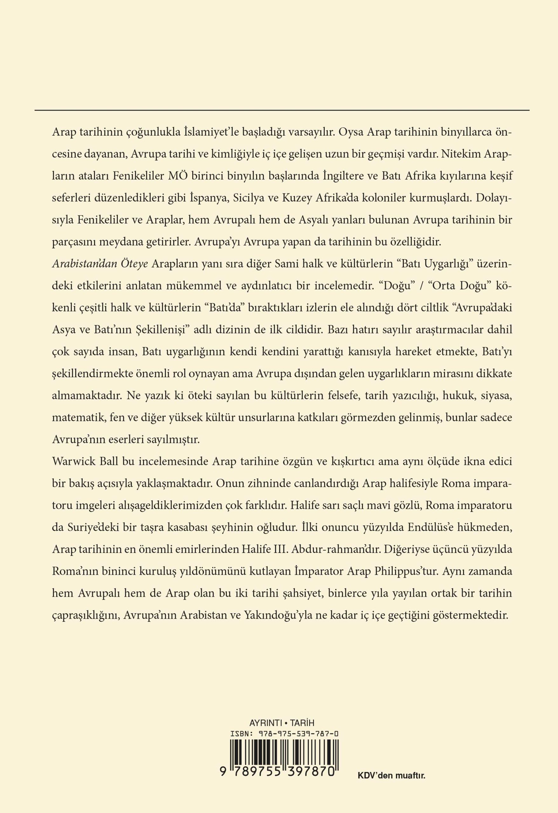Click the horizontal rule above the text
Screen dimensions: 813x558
pyautogui.click(x=282, y=111)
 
